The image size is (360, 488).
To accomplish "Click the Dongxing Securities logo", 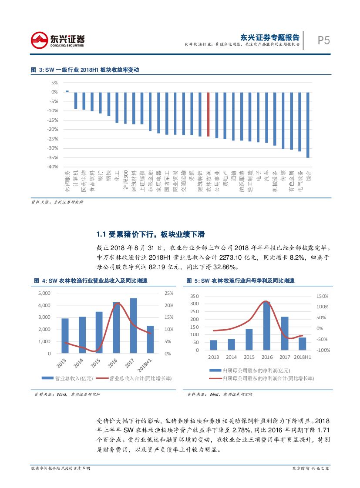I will tap(57, 40).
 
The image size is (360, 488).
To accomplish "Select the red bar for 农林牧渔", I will tap(209, 114).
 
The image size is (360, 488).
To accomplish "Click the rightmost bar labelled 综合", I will tap(308, 125).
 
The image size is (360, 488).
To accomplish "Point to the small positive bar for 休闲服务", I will tap(67, 91).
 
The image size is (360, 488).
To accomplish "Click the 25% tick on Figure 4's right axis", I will tap(168, 293).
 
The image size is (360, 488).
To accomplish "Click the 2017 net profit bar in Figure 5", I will tap(285, 333).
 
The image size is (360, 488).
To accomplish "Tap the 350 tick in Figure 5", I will tap(195, 296).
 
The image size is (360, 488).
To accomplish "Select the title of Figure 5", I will tap(240, 281).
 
